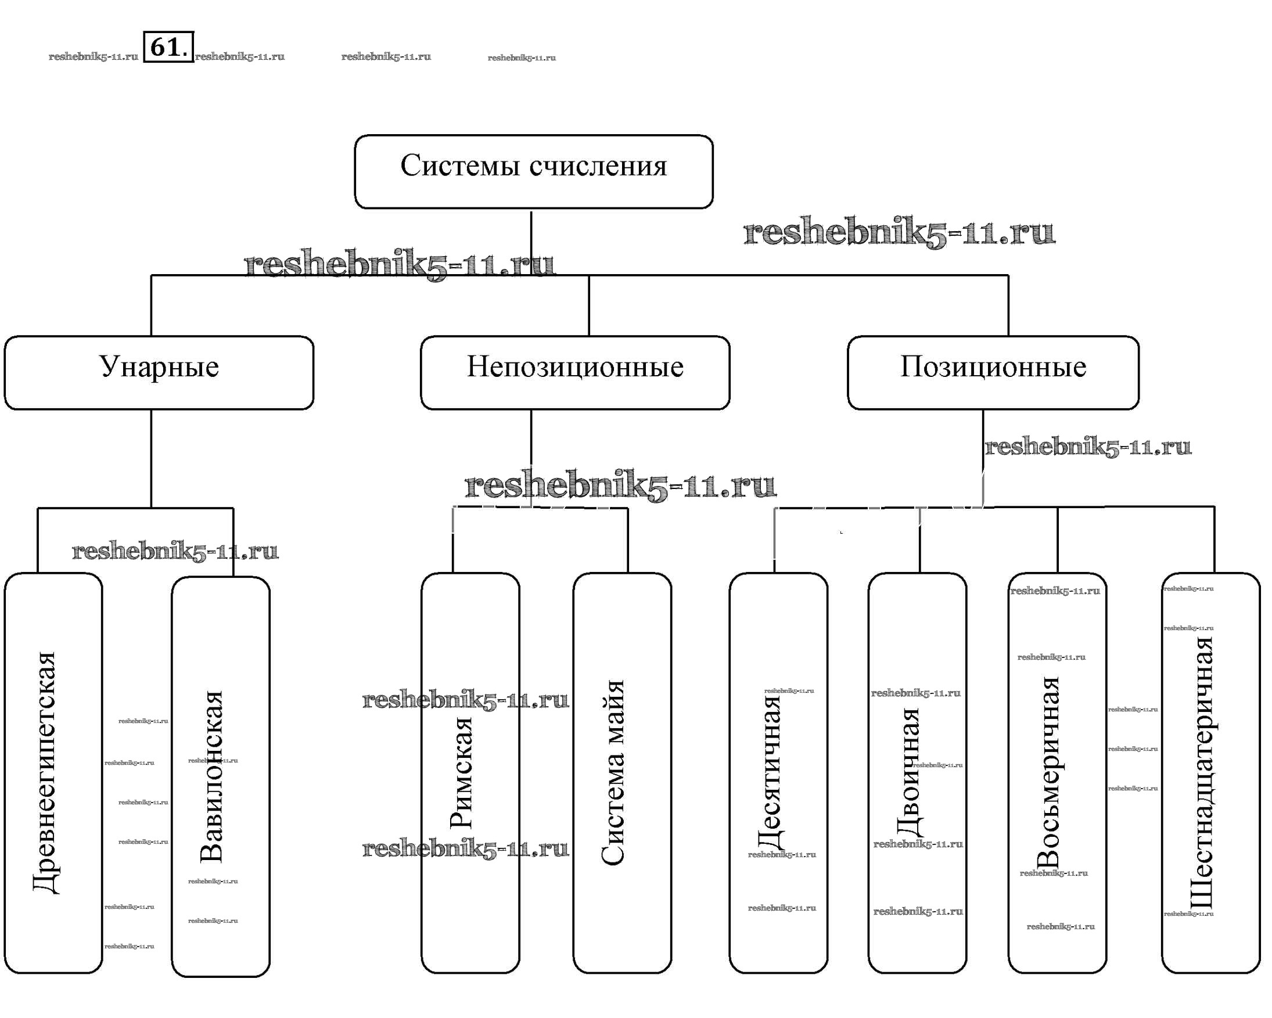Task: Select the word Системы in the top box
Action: pyautogui.click(x=461, y=166)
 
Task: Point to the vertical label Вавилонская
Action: pyautogui.click(x=211, y=777)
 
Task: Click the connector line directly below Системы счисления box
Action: pyautogui.click(x=531, y=242)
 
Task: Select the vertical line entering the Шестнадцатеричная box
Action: pyautogui.click(x=1214, y=539)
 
